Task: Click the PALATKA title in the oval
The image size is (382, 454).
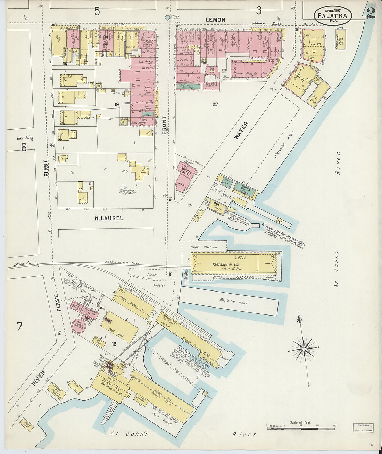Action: (x=332, y=15)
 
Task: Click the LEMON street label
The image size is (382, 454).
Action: (x=215, y=20)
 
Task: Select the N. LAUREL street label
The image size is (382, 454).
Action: (x=109, y=218)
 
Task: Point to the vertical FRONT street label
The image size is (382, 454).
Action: (x=164, y=125)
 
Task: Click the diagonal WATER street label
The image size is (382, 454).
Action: (x=241, y=130)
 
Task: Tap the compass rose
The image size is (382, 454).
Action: (x=304, y=348)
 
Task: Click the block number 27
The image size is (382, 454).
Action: (x=215, y=104)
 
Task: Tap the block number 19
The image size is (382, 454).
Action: (x=116, y=104)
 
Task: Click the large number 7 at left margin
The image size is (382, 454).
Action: (x=20, y=327)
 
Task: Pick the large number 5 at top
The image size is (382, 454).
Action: (x=97, y=11)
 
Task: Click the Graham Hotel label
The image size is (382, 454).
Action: (x=264, y=24)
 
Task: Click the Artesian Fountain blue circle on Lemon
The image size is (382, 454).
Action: (x=167, y=17)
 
